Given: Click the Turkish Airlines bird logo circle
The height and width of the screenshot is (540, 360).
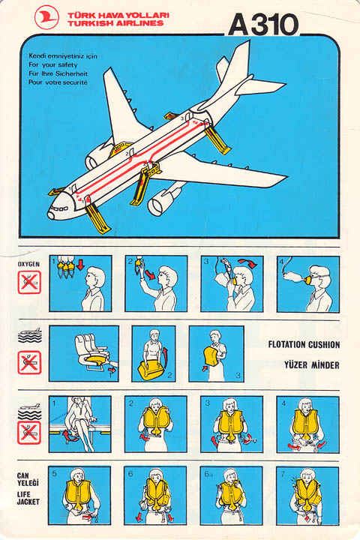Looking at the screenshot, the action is [46, 17].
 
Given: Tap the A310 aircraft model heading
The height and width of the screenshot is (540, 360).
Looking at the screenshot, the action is [263, 25].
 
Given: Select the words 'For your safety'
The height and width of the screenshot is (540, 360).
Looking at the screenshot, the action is [53, 64].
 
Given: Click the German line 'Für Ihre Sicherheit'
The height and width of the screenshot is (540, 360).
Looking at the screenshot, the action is [58, 73].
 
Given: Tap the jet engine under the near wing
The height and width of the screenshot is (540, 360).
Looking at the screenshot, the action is [162, 202].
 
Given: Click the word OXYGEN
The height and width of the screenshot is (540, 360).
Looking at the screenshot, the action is [28, 264].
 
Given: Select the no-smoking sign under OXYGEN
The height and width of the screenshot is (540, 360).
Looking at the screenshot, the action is [29, 283].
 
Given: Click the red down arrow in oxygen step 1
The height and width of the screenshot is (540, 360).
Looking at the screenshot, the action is [80, 265].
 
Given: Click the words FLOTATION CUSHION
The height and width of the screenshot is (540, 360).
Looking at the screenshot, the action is [304, 344].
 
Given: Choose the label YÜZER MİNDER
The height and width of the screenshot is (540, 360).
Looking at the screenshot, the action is [312, 364].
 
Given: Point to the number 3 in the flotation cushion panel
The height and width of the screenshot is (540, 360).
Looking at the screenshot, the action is [238, 375].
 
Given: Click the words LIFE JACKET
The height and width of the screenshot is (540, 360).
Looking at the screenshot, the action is [28, 498].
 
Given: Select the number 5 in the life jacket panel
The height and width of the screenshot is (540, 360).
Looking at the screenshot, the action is [55, 473].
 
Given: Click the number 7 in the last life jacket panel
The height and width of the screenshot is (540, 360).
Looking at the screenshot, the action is [283, 474].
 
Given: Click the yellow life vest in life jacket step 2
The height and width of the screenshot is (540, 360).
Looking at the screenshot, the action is [156, 419].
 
